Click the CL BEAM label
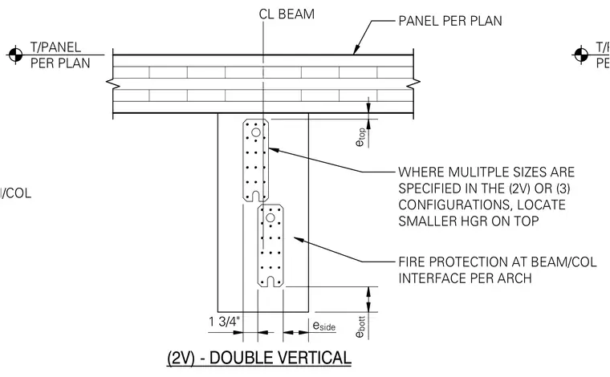click(287, 14)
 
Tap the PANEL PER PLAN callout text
click(450, 21)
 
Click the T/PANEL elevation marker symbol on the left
click(15, 55)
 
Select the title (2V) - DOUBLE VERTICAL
click(259, 358)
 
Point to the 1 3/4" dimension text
click(225, 322)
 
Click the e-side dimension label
click(323, 326)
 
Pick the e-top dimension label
click(360, 137)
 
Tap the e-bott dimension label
click(360, 326)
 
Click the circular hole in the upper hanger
click(255, 132)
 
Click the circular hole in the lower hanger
click(270, 218)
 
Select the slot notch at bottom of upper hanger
click(255, 196)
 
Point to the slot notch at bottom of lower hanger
click(270, 282)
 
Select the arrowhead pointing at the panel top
click(356, 50)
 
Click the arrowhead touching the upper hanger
click(274, 150)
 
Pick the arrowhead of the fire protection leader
click(299, 240)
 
